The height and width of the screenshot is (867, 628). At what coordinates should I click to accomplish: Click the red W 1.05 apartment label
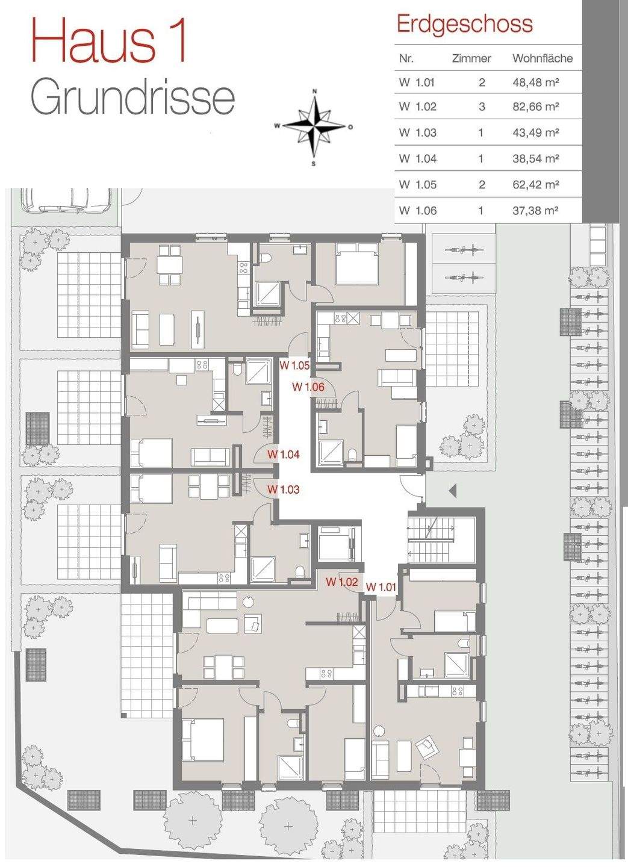point(294,365)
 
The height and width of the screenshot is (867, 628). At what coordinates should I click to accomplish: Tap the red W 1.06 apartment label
point(308,387)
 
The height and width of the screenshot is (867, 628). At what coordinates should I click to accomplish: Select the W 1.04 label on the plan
point(284,454)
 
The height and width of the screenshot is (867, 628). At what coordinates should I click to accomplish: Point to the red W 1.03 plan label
point(284,489)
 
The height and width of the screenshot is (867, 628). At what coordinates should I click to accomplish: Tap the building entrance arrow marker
point(452,491)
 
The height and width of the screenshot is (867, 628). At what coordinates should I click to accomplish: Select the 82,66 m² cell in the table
point(536,107)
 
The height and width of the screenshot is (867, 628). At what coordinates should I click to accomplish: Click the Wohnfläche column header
point(543,58)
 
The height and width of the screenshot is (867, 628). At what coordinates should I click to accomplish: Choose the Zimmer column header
point(471,58)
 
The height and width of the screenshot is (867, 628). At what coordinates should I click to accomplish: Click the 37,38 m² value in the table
point(535,211)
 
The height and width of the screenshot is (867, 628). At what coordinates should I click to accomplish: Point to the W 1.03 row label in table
point(418,132)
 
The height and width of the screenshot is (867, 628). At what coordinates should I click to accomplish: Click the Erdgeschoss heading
point(465,23)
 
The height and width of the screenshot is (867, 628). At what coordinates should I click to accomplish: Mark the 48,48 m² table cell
point(536,82)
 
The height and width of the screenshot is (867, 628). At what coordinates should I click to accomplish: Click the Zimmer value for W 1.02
point(482,107)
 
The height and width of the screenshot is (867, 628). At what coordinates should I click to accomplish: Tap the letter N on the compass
point(314,92)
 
